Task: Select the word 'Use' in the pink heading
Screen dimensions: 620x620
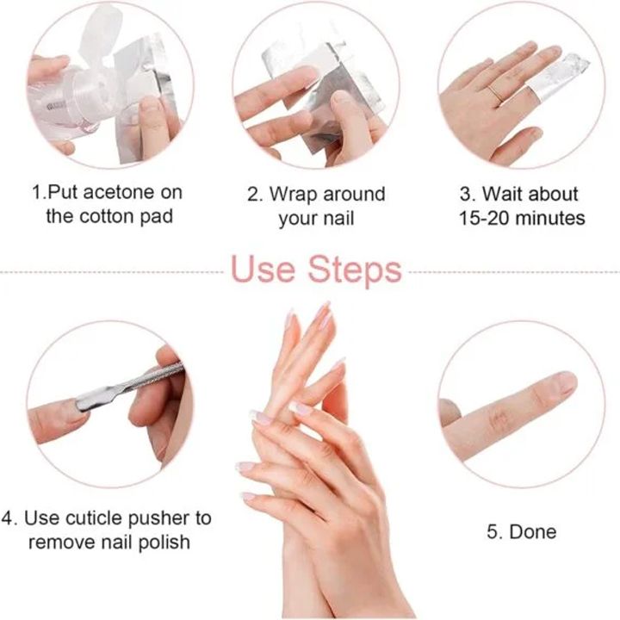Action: tap(263, 270)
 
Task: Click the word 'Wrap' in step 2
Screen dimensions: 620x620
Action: tap(294, 194)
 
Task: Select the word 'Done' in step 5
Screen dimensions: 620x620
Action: tap(533, 532)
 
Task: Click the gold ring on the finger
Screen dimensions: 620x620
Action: tap(495, 94)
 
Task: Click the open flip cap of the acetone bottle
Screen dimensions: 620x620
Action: tap(97, 33)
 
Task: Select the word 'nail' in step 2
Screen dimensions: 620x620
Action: tap(338, 218)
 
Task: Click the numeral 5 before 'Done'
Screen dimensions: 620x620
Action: tap(493, 532)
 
